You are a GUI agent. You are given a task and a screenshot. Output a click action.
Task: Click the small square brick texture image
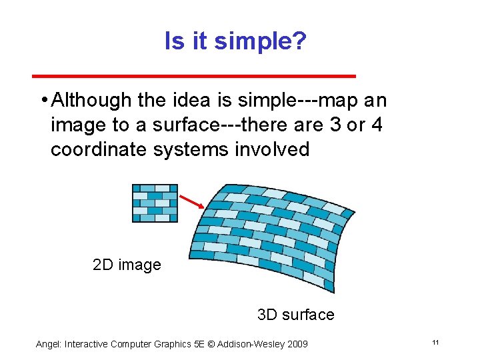tap(155, 203)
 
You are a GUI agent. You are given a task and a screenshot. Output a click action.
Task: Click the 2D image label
tap(127, 265)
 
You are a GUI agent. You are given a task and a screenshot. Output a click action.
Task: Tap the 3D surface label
tap(295, 314)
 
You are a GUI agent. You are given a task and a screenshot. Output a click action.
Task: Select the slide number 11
tap(435, 343)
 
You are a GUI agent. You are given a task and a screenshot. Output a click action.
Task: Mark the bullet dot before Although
tap(43, 101)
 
